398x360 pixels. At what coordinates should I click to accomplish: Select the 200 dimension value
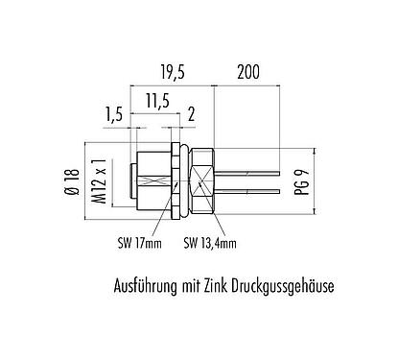coord(248,69)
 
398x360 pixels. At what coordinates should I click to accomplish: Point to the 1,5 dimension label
coord(114,115)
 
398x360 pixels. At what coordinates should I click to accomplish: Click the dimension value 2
coord(192,115)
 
